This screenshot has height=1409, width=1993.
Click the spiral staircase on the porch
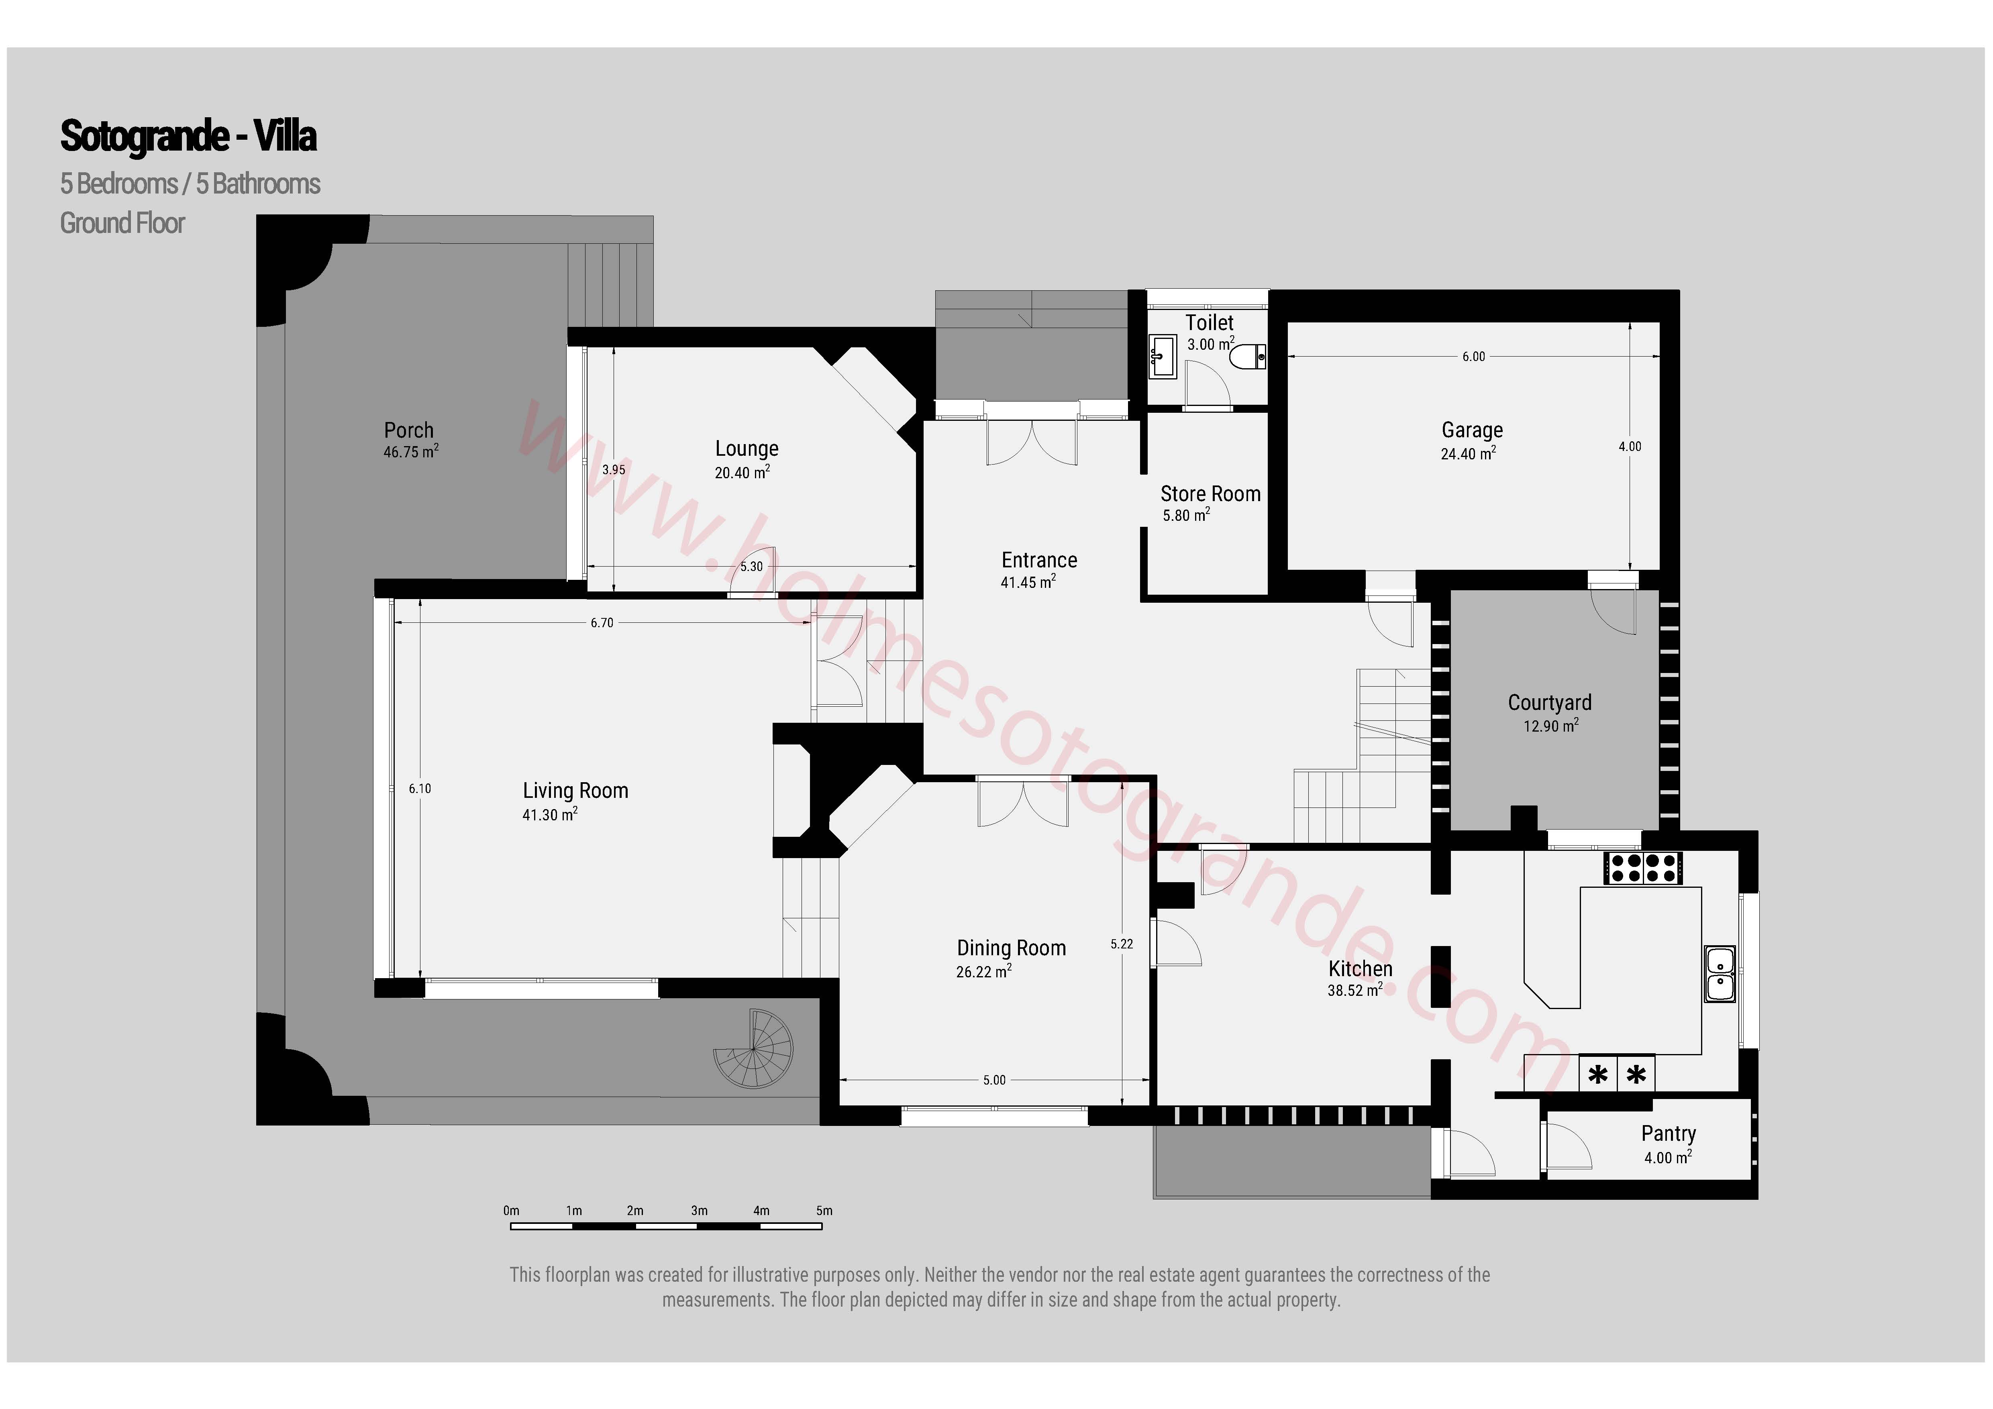[753, 1049]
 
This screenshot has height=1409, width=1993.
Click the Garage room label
[1472, 430]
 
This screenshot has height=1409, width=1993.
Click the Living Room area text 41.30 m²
[549, 814]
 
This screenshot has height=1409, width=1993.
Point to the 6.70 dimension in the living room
[602, 622]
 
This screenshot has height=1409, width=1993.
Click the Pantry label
[1669, 1133]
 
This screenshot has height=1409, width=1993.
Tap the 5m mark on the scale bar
[824, 1210]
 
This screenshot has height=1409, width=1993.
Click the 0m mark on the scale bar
[511, 1210]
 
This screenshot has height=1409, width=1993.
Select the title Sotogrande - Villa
[188, 136]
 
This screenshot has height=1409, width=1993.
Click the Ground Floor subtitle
[122, 223]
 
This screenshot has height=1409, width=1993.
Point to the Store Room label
[1210, 493]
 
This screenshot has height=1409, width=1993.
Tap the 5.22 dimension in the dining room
[1122, 944]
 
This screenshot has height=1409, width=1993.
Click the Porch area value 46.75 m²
[410, 451]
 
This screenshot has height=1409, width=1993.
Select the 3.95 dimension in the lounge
[614, 470]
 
